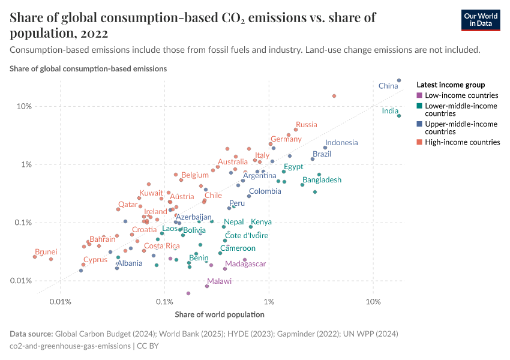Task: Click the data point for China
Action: pos(399,80)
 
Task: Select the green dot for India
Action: pos(399,116)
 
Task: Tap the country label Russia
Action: pos(306,125)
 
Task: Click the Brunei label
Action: pos(46,252)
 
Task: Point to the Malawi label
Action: pos(219,281)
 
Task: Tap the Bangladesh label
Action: pos(322,180)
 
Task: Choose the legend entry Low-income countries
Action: pos(461,95)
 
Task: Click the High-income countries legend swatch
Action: pos(419,142)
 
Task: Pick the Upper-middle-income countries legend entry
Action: pos(461,127)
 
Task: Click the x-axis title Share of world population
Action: pos(219,314)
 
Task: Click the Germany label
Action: pos(286,139)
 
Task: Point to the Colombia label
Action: pos(265,191)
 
